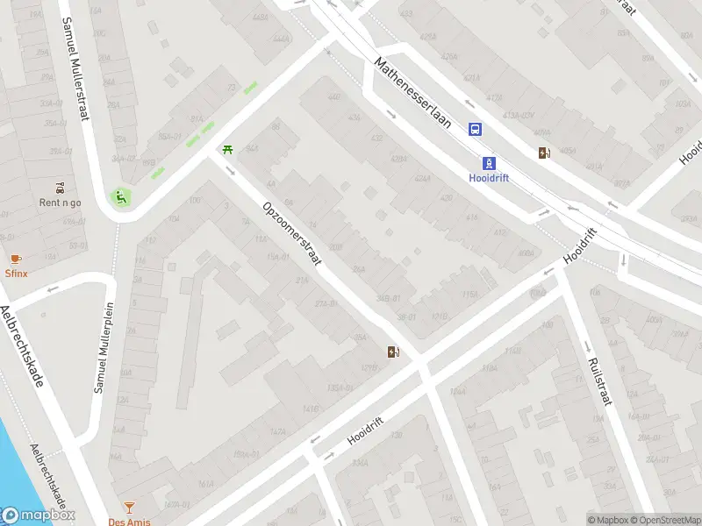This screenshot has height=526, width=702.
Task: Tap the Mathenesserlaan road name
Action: (x=412, y=94)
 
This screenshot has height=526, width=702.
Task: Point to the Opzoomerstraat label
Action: (x=292, y=235)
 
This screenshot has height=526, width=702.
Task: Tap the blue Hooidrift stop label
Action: (x=489, y=177)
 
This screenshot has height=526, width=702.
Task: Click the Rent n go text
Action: (x=60, y=203)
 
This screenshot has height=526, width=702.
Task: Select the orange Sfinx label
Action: (x=16, y=273)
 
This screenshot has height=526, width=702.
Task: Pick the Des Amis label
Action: (x=129, y=521)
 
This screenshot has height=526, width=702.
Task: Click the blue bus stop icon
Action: (x=476, y=130)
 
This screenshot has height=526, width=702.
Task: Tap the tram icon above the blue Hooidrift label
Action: (x=489, y=162)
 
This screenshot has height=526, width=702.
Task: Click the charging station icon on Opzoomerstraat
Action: (x=394, y=352)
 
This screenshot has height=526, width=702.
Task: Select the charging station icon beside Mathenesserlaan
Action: (x=545, y=153)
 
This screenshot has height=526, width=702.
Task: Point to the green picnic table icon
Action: (x=228, y=150)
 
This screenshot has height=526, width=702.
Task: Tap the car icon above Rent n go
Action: (x=60, y=188)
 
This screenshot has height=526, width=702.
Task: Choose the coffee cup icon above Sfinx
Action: (x=16, y=259)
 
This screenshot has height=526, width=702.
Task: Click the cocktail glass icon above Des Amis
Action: (x=129, y=507)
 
